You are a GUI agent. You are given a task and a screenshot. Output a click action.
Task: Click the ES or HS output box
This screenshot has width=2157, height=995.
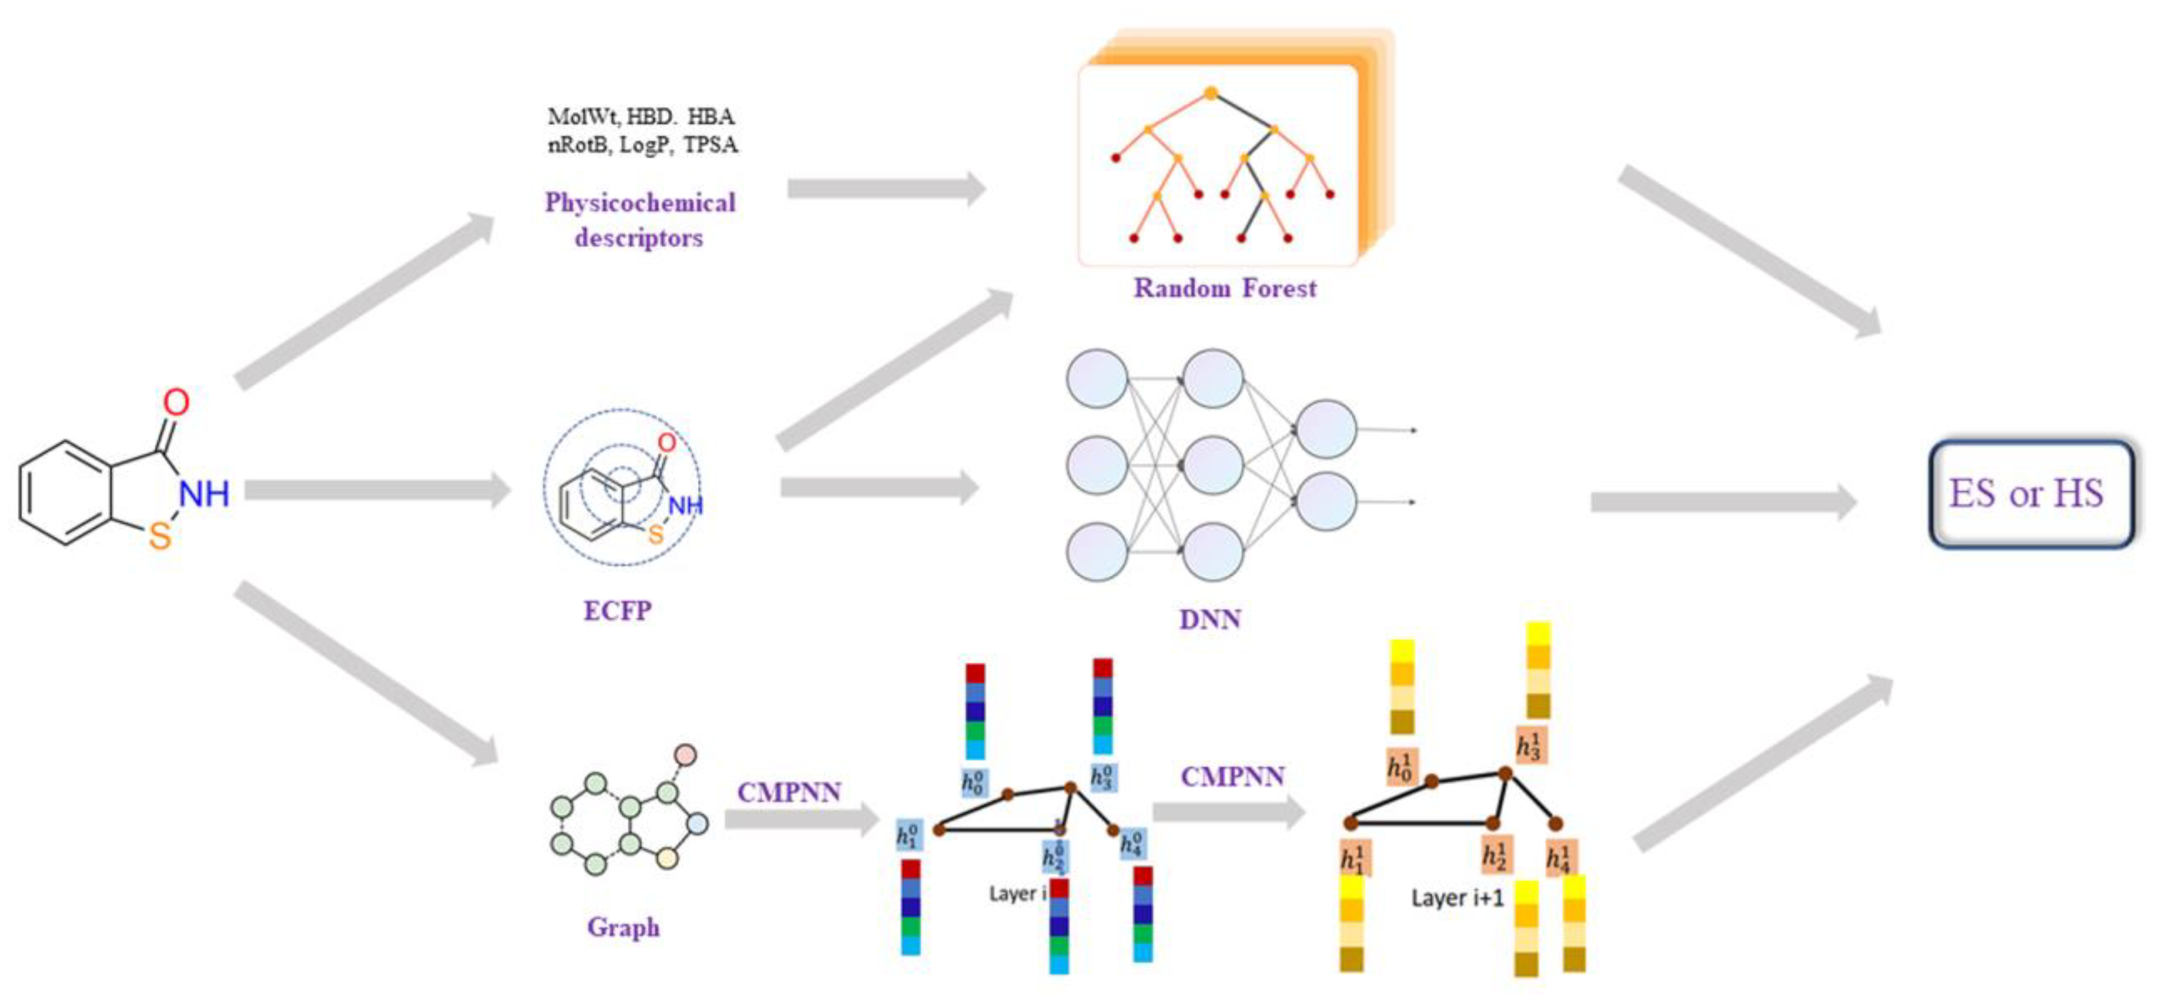point(2030,494)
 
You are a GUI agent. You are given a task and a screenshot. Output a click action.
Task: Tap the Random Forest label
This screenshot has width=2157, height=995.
point(1224,288)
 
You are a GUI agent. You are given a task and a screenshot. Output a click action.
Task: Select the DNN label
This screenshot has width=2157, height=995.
point(1209,619)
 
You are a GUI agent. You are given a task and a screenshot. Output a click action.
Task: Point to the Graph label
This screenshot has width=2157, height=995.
point(623,927)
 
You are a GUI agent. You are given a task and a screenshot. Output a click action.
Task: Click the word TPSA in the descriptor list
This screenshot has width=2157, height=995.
point(710,145)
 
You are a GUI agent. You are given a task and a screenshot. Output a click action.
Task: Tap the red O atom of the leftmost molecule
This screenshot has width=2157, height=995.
point(176,402)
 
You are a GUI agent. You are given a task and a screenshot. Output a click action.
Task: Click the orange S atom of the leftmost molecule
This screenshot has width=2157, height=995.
point(160,536)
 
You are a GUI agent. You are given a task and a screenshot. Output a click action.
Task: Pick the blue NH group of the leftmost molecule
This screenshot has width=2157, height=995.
point(204,494)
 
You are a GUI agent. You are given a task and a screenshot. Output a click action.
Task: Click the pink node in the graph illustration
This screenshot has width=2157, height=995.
point(685,754)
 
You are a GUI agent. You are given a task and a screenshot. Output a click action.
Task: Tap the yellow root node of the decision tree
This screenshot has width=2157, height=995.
point(1211,93)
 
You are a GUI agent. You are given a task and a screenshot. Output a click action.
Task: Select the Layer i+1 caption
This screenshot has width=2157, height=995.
point(1457,898)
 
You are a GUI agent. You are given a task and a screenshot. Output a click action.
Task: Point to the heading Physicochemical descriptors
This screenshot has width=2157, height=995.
point(640,219)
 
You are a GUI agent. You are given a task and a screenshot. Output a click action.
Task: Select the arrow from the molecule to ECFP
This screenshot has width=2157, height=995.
point(377,491)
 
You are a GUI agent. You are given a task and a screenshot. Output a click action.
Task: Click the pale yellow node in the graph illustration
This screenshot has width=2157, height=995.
point(667,857)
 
